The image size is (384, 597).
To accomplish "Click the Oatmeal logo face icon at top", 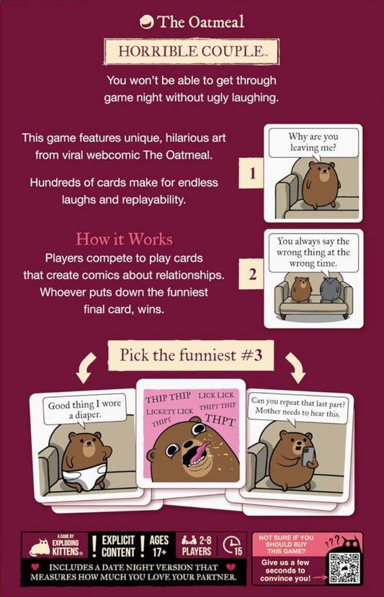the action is click(x=146, y=22).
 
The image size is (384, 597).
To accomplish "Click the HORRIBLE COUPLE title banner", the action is click(x=192, y=51).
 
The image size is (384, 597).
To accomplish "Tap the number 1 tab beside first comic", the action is click(x=251, y=173).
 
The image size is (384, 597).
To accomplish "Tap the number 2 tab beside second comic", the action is click(x=251, y=274).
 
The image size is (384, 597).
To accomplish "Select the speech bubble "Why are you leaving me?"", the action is click(x=313, y=143).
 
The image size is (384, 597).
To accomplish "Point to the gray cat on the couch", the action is click(x=330, y=290).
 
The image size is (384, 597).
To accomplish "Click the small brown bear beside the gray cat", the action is click(x=301, y=289).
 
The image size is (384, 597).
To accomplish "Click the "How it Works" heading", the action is click(x=124, y=239).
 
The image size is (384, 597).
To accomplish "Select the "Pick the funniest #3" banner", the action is click(x=191, y=355).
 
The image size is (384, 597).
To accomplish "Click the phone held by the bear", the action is click(x=308, y=456).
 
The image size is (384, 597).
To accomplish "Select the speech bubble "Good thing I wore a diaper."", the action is click(x=84, y=409).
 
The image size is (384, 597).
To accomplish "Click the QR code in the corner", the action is click(x=344, y=568).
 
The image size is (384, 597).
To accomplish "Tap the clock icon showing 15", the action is click(x=232, y=546).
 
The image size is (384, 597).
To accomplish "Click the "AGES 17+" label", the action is click(x=158, y=546).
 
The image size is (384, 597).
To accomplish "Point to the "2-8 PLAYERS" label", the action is click(x=197, y=546).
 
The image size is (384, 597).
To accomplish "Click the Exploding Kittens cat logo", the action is click(x=40, y=548).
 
